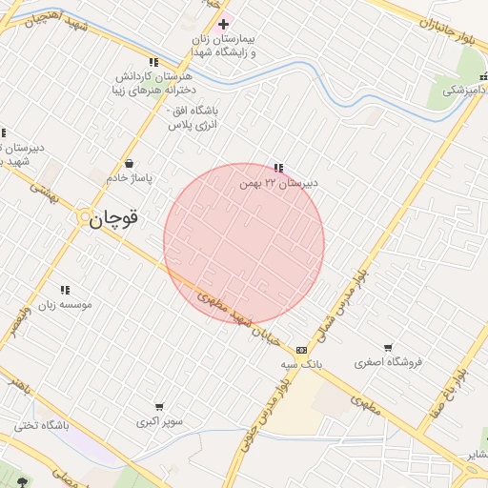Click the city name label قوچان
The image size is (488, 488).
114,218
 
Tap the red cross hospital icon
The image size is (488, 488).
223,24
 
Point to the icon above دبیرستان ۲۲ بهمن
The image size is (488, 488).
278,168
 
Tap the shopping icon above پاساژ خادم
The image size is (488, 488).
129,164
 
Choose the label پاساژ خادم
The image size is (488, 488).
129,177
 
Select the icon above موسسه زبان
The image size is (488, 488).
65,290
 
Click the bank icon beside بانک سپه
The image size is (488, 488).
302,350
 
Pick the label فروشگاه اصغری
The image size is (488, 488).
387,362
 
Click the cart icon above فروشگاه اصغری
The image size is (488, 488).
387,348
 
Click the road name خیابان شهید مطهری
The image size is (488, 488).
238,319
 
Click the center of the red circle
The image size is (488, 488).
244,243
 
